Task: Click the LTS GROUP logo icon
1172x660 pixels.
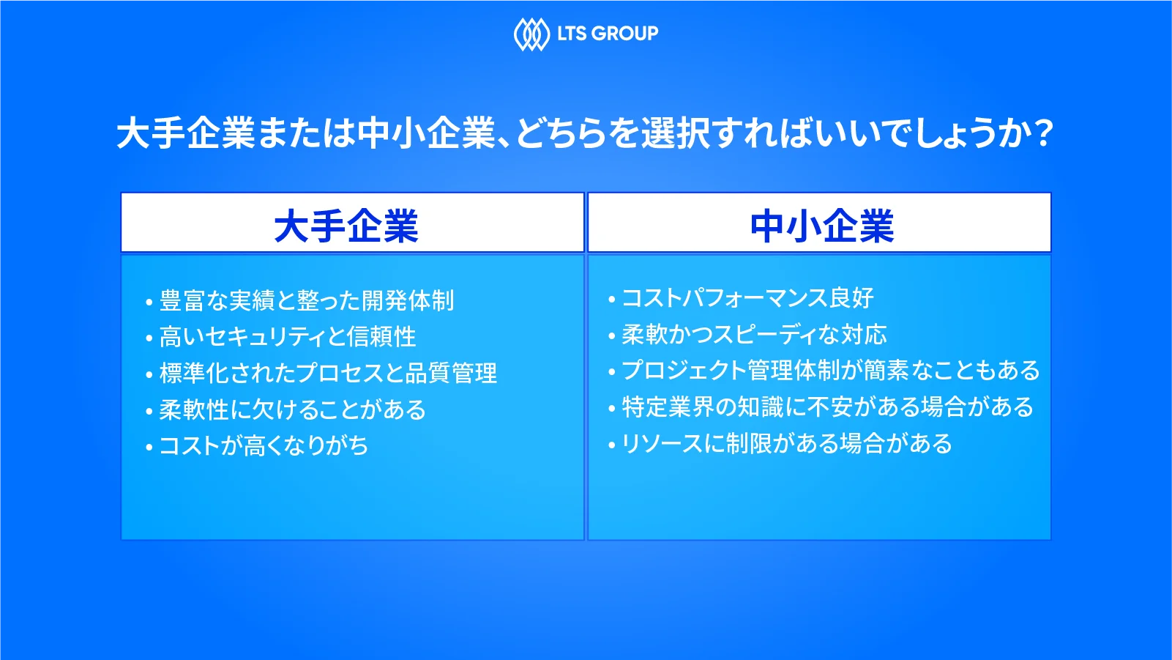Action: click(531, 34)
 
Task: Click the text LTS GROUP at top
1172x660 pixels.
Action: click(608, 34)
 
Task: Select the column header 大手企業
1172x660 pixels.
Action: click(346, 226)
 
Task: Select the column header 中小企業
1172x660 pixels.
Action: click(822, 226)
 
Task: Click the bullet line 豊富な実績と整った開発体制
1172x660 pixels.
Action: click(307, 300)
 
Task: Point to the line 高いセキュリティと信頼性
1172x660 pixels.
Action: click(288, 336)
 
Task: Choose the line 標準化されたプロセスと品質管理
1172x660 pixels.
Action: click(328, 373)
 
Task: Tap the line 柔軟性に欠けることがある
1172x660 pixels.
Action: click(293, 409)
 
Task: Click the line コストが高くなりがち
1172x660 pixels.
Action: click(264, 445)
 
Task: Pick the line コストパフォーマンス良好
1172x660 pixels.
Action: click(747, 298)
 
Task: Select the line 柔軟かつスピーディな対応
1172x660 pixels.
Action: click(754, 335)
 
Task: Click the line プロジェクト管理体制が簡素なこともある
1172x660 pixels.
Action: click(831, 371)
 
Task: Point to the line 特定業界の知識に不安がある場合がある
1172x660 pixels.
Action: click(828, 407)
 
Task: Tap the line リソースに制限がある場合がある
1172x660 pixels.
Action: click(787, 443)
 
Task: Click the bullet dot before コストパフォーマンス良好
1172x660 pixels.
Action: click(612, 300)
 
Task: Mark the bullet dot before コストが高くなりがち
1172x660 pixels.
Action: click(149, 447)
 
